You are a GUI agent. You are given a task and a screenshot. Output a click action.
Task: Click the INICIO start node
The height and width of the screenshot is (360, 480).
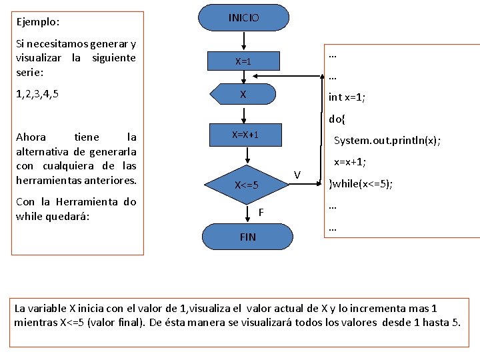[244, 18]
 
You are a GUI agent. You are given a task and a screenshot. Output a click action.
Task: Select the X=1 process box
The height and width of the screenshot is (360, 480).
[243, 61]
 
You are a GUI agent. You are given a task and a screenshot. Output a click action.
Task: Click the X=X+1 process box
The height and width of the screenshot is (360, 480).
[245, 135]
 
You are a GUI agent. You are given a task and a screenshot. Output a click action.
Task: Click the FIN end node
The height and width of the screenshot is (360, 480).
[247, 237]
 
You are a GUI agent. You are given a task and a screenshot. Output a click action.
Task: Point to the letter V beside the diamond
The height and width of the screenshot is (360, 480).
[297, 175]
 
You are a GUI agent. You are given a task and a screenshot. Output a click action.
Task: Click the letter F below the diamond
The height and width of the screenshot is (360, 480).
[261, 213]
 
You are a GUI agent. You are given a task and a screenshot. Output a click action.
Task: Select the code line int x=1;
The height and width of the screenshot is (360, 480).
[347, 97]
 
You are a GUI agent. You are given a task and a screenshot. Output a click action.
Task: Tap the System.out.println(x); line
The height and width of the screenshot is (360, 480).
[387, 141]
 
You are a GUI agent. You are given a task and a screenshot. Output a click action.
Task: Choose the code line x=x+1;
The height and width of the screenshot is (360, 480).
[350, 162]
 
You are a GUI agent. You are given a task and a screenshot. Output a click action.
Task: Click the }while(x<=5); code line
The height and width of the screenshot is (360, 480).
[361, 184]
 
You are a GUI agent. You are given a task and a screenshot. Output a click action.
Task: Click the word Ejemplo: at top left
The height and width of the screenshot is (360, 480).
[38, 21]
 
